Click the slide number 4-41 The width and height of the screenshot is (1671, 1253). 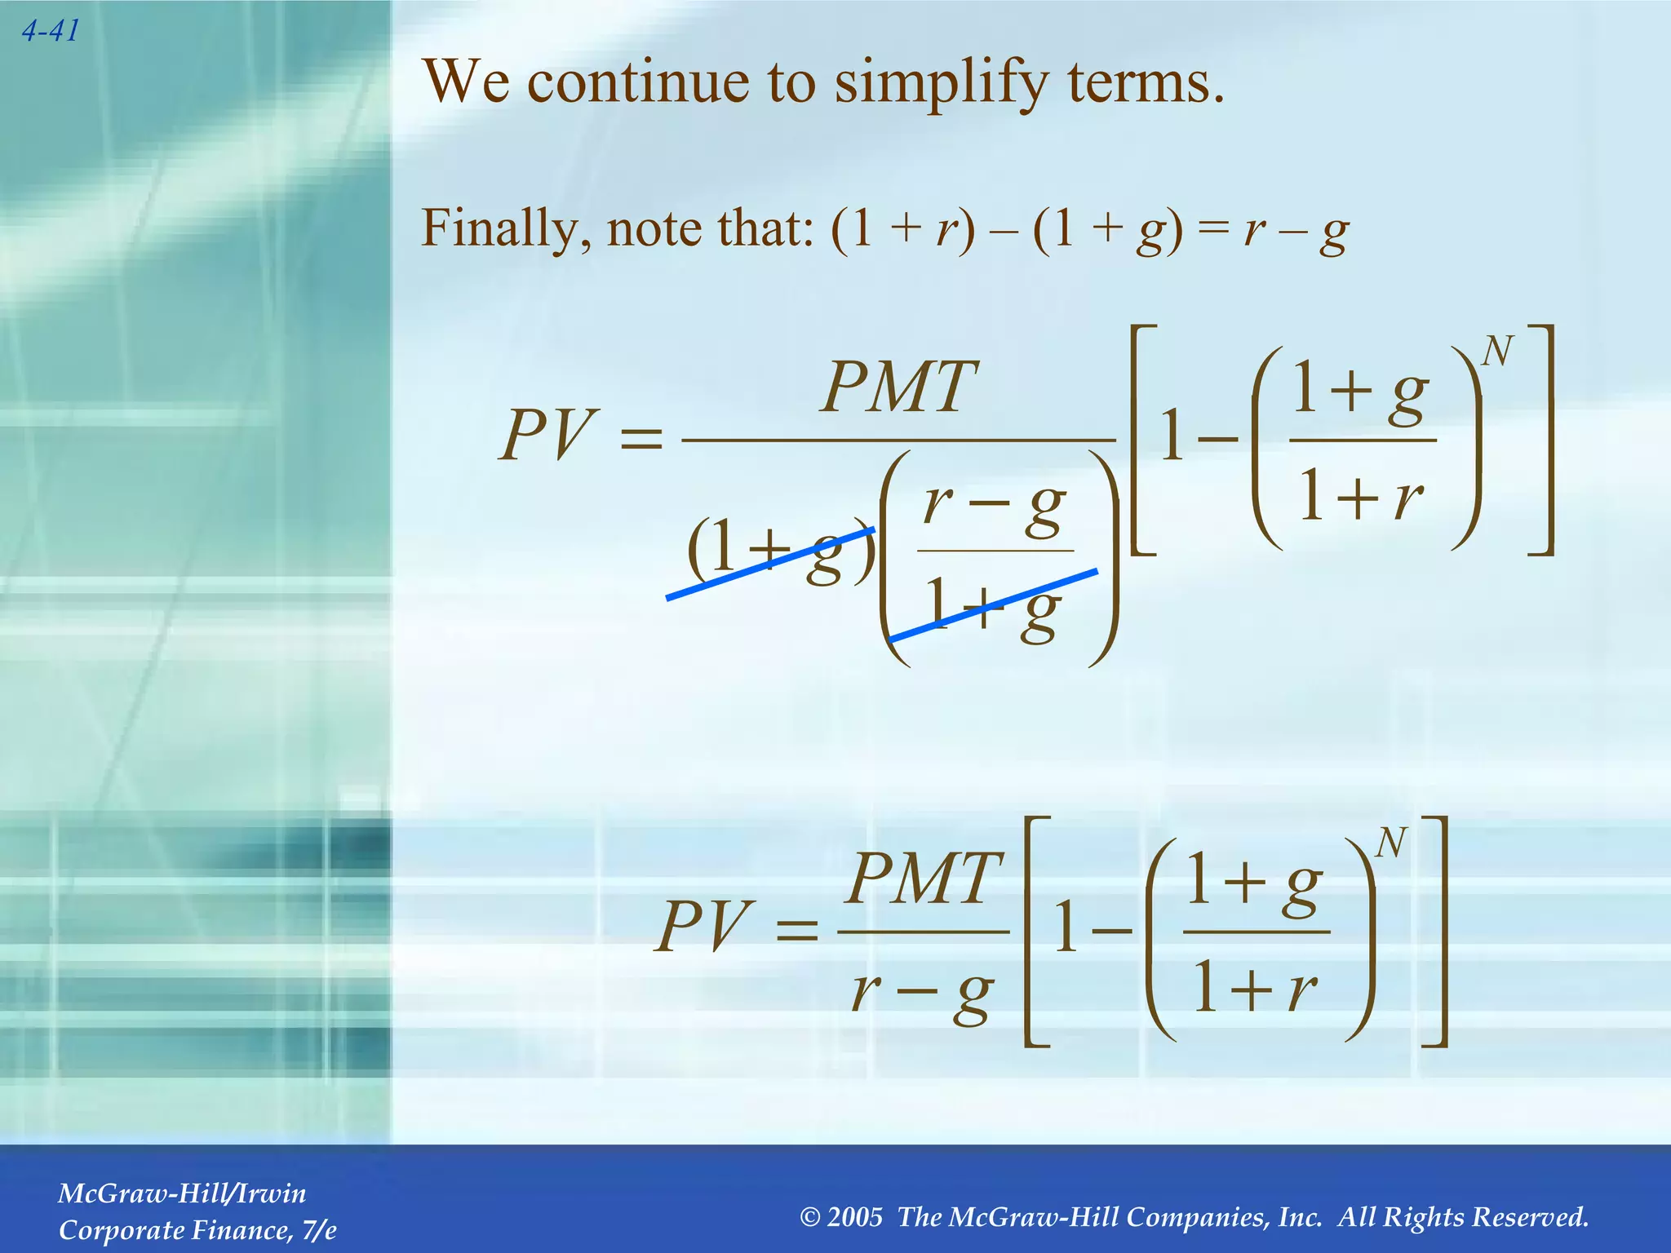click(51, 31)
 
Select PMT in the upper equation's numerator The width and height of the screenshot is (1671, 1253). click(898, 387)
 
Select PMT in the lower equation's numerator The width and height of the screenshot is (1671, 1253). click(923, 879)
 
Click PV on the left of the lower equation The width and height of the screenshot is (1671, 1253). click(700, 927)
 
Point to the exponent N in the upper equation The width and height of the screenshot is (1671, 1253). click(1496, 352)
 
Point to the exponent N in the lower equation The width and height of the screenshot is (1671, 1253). click(1390, 843)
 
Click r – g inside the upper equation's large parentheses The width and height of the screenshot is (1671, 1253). click(994, 506)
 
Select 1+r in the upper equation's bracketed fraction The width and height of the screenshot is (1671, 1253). click(1361, 496)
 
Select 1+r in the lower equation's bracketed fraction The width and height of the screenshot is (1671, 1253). click(1255, 988)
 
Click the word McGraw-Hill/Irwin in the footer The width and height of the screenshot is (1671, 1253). click(182, 1193)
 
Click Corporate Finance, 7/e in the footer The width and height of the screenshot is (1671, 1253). click(197, 1230)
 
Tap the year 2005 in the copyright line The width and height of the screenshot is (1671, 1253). click(854, 1217)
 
